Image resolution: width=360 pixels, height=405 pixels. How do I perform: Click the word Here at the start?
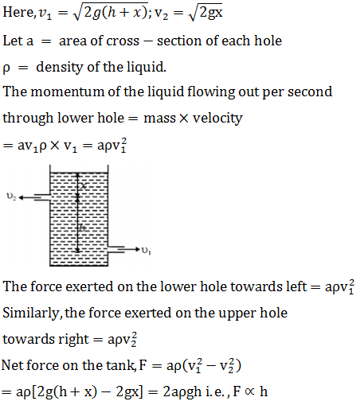[18, 12]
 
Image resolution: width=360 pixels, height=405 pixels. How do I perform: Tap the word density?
[59, 68]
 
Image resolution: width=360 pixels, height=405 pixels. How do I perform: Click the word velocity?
[217, 119]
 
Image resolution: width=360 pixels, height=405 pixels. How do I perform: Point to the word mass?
[159, 119]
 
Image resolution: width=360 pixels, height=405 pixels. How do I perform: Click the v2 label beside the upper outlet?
[11, 197]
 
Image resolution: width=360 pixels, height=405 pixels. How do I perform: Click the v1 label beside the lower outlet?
[147, 250]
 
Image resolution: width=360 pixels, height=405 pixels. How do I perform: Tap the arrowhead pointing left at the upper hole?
[22, 197]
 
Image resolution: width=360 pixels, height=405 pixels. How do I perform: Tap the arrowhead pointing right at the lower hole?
[137, 249]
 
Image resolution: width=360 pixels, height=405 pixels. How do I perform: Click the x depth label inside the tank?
[84, 185]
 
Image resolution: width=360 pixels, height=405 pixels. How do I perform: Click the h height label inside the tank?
[83, 228]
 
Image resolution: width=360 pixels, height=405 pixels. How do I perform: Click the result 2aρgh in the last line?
[182, 392]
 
